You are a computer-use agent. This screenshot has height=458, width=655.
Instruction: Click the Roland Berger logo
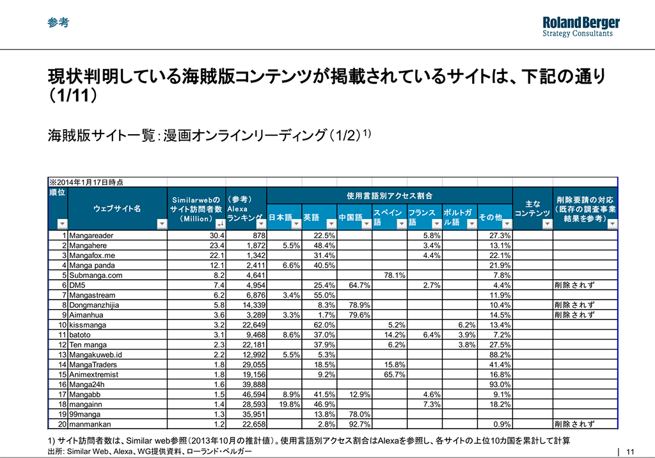581,26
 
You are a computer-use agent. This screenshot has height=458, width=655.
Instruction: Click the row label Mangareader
90,235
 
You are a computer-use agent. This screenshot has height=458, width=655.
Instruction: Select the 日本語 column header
281,217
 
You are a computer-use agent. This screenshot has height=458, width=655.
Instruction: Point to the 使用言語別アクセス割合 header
390,195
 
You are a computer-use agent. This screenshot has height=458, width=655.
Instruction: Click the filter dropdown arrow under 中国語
366,224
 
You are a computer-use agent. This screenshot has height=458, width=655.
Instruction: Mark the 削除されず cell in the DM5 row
574,285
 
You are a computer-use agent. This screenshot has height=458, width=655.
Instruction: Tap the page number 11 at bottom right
631,451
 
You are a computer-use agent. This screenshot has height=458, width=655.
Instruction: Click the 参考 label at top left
58,22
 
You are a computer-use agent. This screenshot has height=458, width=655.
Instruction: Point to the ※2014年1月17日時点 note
86,182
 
